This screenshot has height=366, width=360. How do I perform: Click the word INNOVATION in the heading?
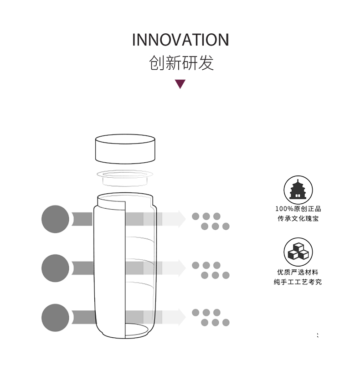(180, 40)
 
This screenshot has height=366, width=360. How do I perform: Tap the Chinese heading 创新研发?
(181, 62)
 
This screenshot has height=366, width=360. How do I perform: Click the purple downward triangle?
(180, 84)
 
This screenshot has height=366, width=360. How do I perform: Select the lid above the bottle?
(125, 149)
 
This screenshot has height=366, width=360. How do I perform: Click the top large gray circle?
(55, 219)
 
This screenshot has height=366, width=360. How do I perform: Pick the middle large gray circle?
(55, 268)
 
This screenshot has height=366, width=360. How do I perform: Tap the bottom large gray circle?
(55, 318)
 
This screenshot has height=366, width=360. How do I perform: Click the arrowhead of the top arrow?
(182, 219)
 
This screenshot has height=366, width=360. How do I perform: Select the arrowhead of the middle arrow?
(182, 268)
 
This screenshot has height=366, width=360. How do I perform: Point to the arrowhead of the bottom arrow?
(182, 317)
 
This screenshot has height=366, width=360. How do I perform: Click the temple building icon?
(298, 190)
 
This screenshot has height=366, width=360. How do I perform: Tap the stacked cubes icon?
(298, 252)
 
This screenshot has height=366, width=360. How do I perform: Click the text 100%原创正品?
(298, 209)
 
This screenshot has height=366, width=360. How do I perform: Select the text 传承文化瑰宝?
(298, 218)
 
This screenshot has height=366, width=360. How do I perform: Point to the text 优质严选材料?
(298, 272)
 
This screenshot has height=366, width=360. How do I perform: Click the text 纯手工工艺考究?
(298, 282)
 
